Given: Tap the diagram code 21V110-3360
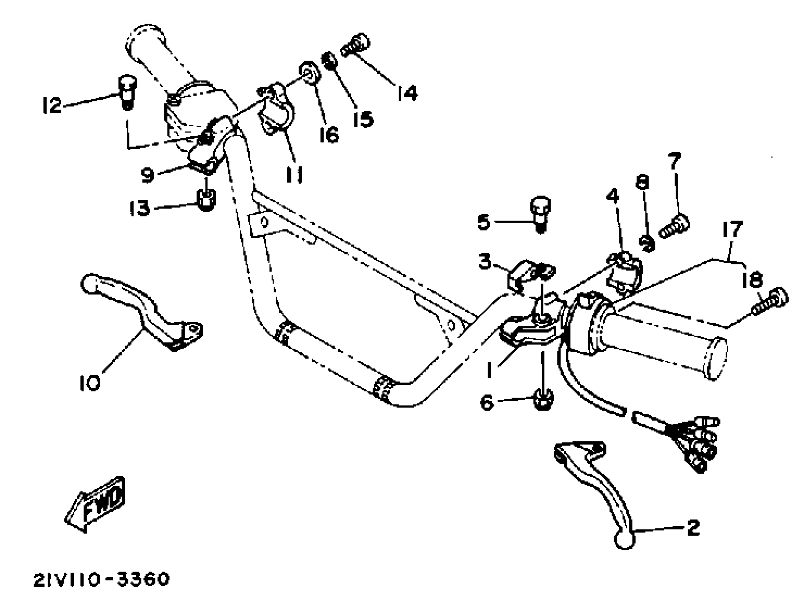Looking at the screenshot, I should [101, 580].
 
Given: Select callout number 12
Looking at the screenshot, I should [52, 106].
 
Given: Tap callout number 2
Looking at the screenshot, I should [693, 528].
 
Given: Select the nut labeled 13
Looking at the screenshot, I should [206, 200].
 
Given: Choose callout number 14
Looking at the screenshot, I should [407, 93].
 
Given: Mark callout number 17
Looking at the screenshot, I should [733, 230].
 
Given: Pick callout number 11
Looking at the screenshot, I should [294, 176].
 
